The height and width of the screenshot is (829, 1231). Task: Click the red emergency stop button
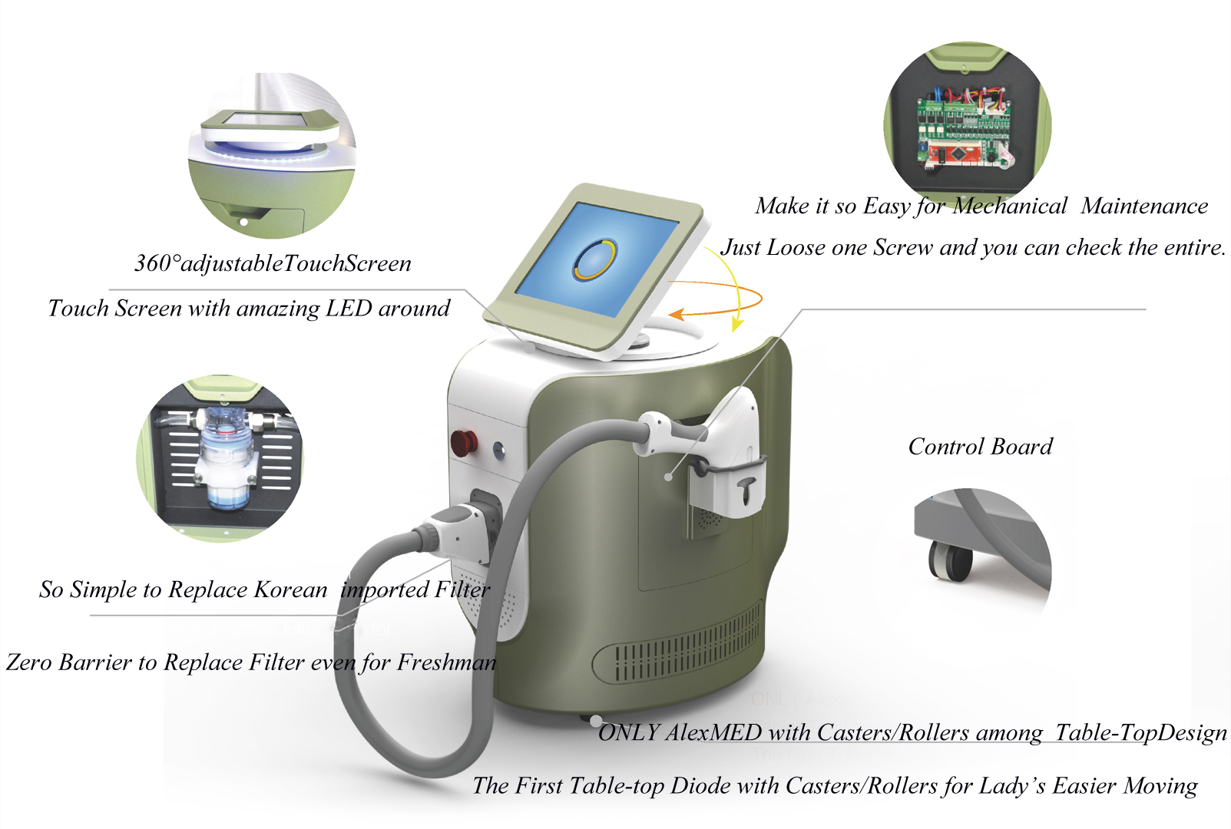[x=463, y=443]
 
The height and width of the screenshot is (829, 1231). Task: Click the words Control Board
[x=981, y=446]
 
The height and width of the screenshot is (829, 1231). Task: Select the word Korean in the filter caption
[x=291, y=590]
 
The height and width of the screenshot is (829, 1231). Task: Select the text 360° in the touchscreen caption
[x=157, y=263]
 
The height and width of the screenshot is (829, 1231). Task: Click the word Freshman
[x=446, y=662]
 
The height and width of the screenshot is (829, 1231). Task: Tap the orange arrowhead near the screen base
[x=677, y=314]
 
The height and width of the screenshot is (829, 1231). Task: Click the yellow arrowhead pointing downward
[x=737, y=325]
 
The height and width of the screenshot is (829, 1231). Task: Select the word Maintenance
[x=1144, y=206]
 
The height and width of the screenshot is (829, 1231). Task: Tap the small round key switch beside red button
[x=498, y=449]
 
